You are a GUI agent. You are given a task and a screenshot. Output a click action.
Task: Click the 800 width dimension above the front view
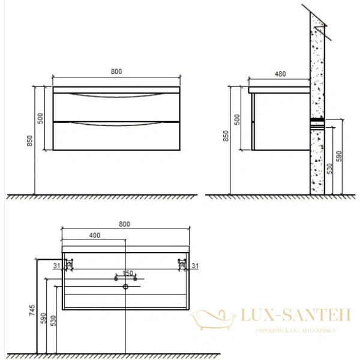(116, 71)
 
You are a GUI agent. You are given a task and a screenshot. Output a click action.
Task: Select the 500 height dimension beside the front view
(41, 118)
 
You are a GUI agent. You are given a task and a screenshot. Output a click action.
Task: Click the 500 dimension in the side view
(236, 118)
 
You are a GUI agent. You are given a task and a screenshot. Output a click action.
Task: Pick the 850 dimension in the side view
(226, 137)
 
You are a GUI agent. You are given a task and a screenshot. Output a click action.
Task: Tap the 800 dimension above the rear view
(124, 224)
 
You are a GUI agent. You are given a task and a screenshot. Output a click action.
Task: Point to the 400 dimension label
(94, 236)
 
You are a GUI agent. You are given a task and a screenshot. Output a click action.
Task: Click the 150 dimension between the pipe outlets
(127, 273)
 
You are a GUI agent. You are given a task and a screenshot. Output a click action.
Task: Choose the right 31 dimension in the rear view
(194, 265)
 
